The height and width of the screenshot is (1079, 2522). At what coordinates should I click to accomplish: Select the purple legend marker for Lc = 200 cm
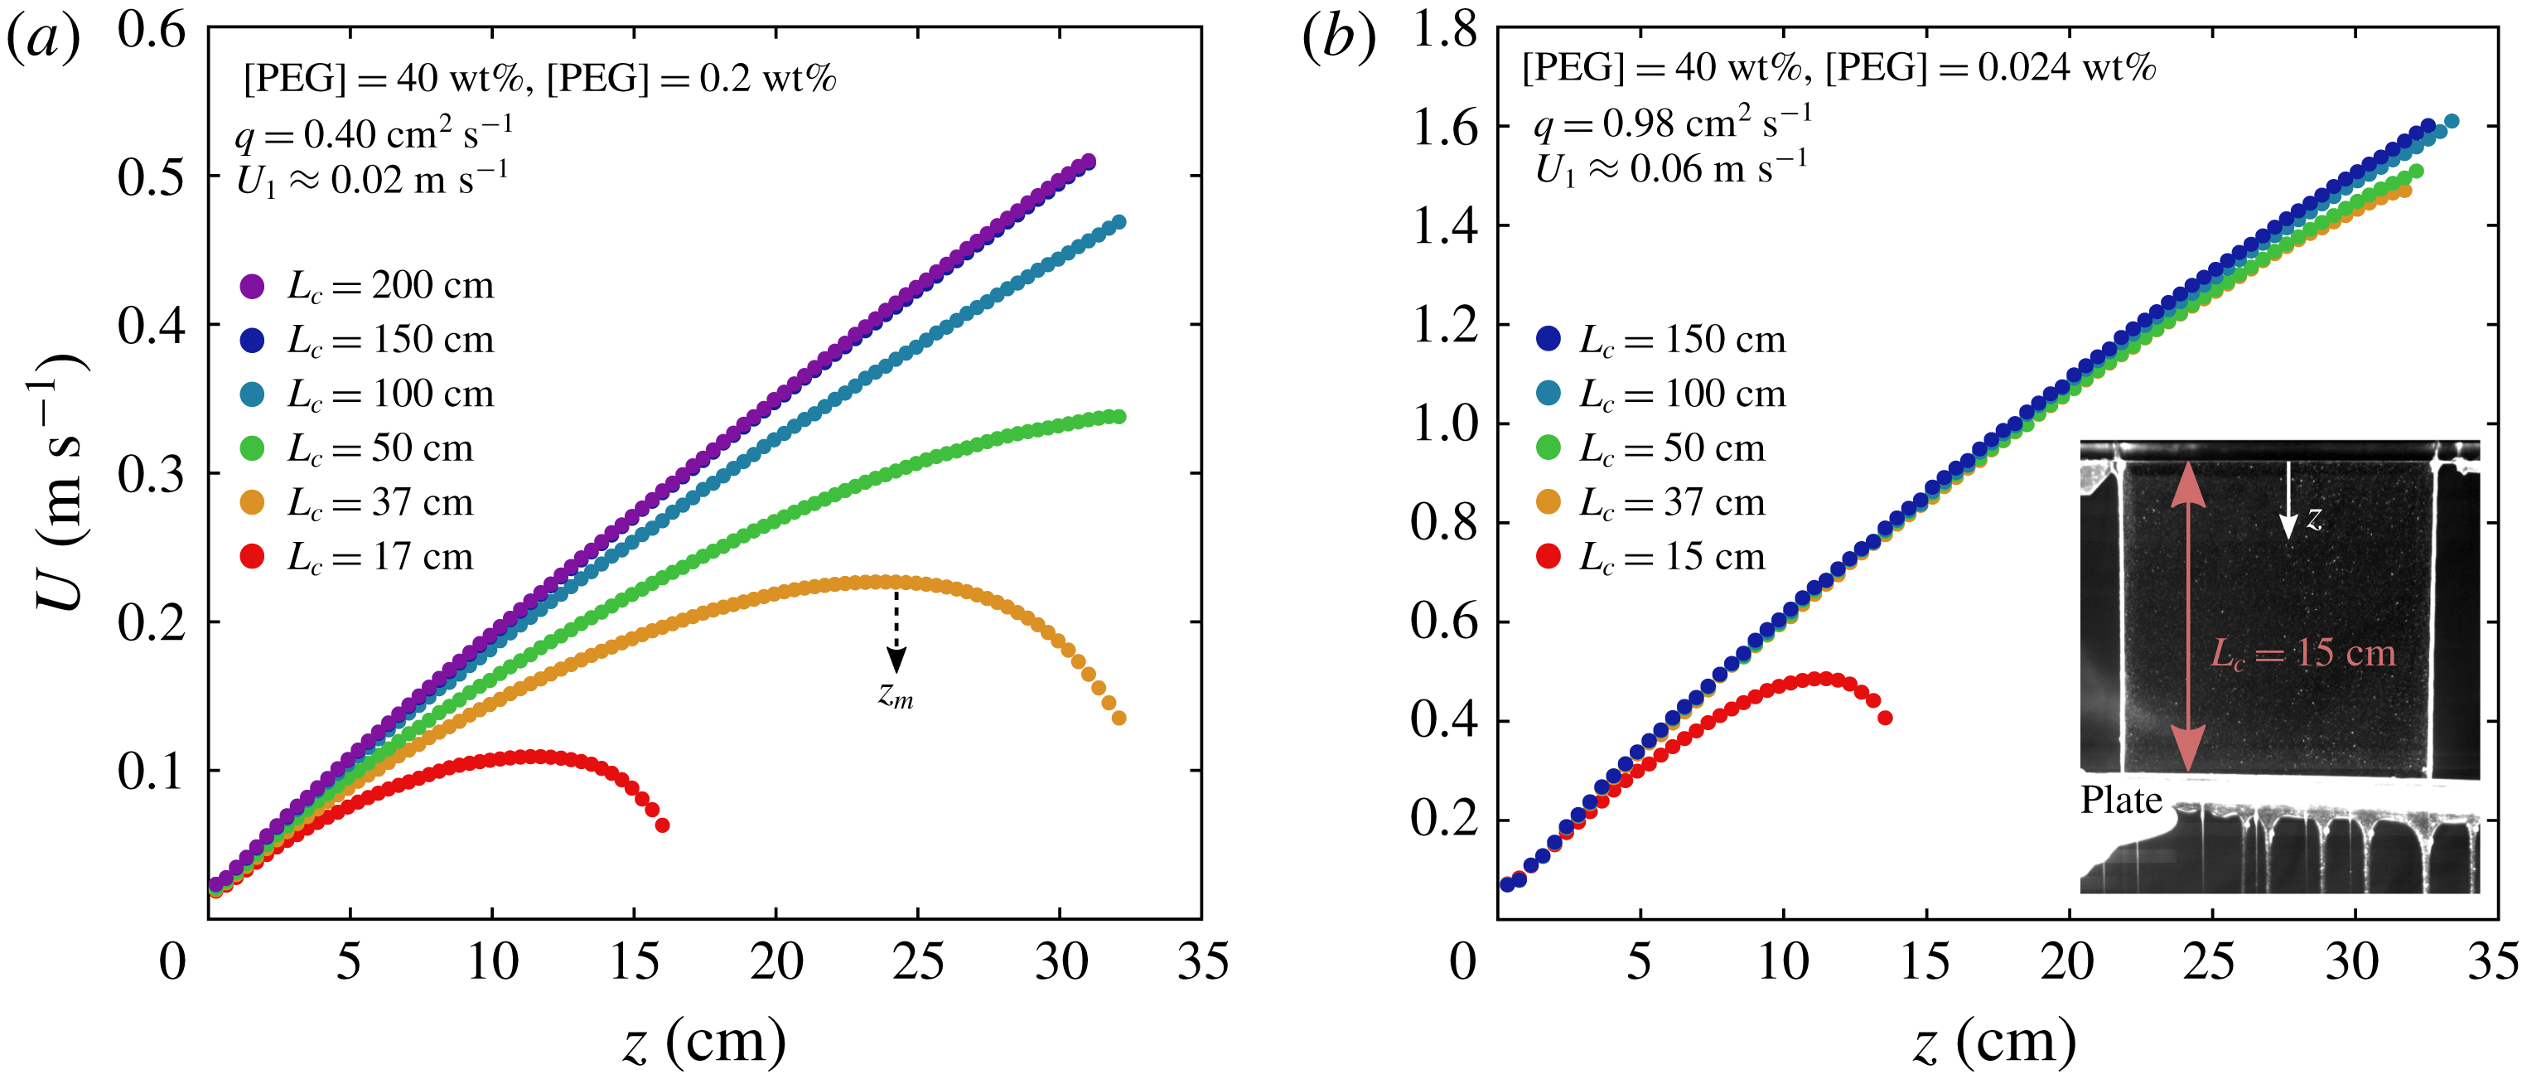[253, 286]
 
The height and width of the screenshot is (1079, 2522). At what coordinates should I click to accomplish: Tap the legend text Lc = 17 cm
[379, 558]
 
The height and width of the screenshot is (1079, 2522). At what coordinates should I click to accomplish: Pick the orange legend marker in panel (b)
[1548, 502]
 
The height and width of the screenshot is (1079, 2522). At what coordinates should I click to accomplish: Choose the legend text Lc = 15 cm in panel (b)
[1672, 558]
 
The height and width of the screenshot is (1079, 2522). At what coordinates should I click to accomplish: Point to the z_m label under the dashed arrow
[895, 694]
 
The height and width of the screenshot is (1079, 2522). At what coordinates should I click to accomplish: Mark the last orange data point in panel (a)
[1119, 719]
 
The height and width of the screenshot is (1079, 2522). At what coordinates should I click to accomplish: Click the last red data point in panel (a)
[663, 825]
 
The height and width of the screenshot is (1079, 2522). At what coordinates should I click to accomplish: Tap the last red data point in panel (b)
[1886, 718]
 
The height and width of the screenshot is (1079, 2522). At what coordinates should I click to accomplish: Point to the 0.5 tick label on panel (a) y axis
[152, 177]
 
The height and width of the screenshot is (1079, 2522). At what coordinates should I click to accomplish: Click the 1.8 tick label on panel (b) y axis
[1444, 31]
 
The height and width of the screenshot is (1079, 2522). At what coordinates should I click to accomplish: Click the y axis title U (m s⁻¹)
[60, 481]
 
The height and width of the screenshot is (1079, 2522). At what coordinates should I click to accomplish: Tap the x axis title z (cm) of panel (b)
[1994, 1042]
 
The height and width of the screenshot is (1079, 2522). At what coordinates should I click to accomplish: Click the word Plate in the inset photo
[2122, 801]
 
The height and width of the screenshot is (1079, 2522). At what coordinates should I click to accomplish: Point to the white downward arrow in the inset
[2288, 501]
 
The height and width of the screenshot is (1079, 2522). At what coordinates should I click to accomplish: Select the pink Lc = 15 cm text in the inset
[2303, 653]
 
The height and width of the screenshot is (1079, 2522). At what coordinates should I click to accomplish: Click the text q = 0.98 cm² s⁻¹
[1672, 123]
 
